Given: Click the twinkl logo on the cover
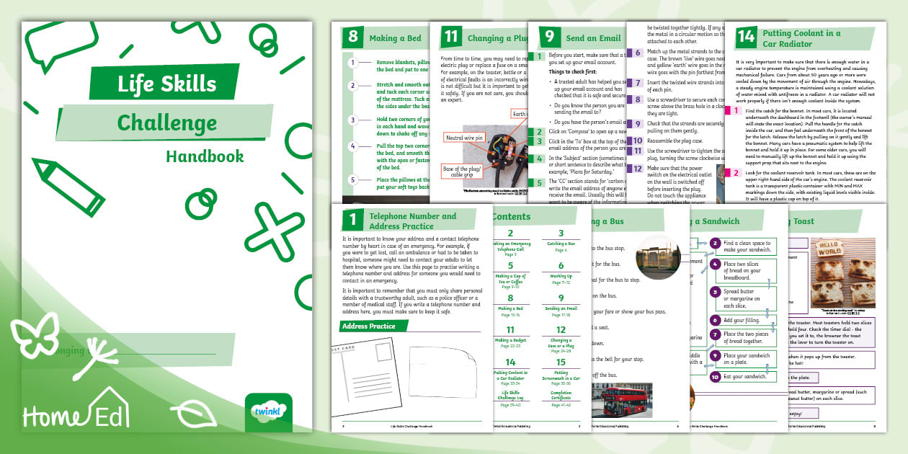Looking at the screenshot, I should tap(269, 412).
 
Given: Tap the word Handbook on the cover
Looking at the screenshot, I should tap(205, 156).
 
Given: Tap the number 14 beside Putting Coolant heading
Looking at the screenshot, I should tap(745, 38).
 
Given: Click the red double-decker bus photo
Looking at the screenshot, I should tap(621, 400).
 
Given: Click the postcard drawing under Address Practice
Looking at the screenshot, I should tap(365, 378).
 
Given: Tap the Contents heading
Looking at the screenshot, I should tap(511, 216).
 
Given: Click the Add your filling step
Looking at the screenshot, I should tap(742, 319).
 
